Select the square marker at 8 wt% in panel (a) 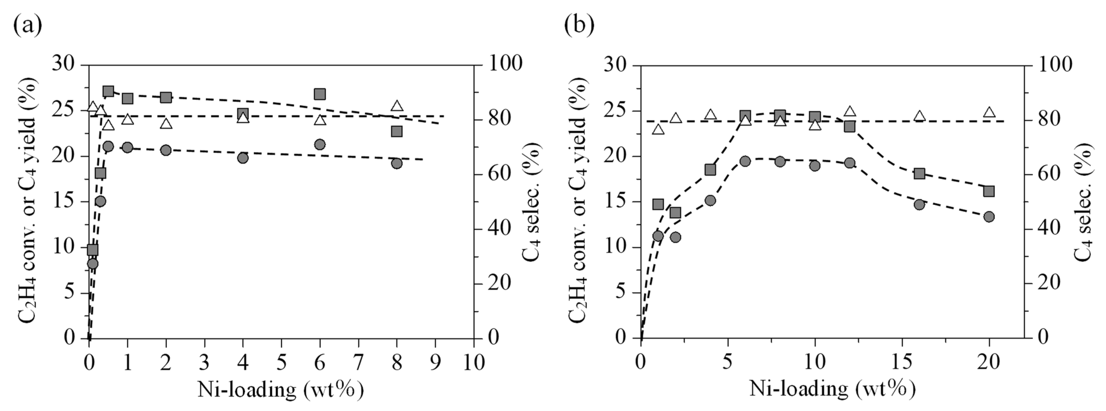click(397, 131)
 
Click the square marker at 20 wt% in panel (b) click(989, 191)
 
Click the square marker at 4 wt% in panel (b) click(711, 170)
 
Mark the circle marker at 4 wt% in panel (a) click(243, 158)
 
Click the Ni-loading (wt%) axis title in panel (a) click(281, 390)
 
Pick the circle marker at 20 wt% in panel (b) click(989, 217)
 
